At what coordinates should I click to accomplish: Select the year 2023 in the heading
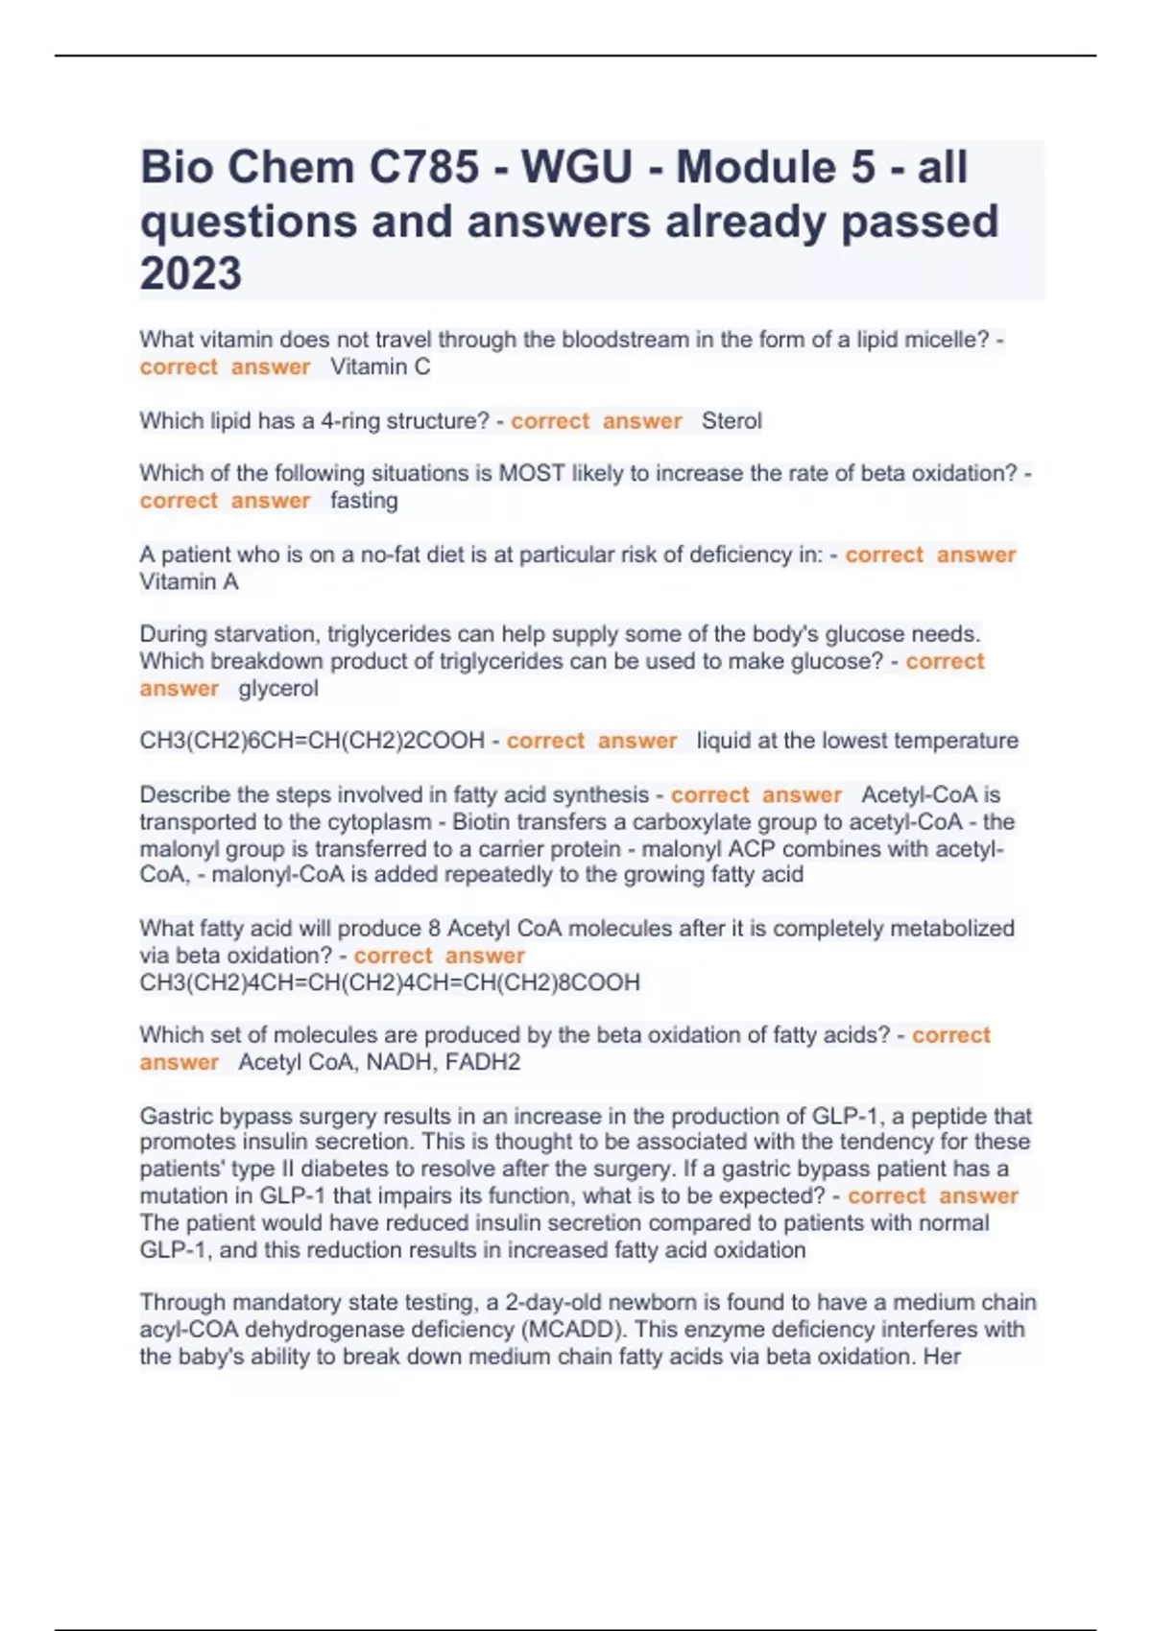(191, 273)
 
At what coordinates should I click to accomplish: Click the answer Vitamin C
(380, 366)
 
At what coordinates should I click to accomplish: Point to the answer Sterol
(732, 420)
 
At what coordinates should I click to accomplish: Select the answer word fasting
(364, 500)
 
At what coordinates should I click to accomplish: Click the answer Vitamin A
(189, 581)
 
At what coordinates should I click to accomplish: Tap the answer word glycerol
(278, 688)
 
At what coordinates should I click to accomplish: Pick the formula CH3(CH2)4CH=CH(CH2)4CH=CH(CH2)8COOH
(390, 982)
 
